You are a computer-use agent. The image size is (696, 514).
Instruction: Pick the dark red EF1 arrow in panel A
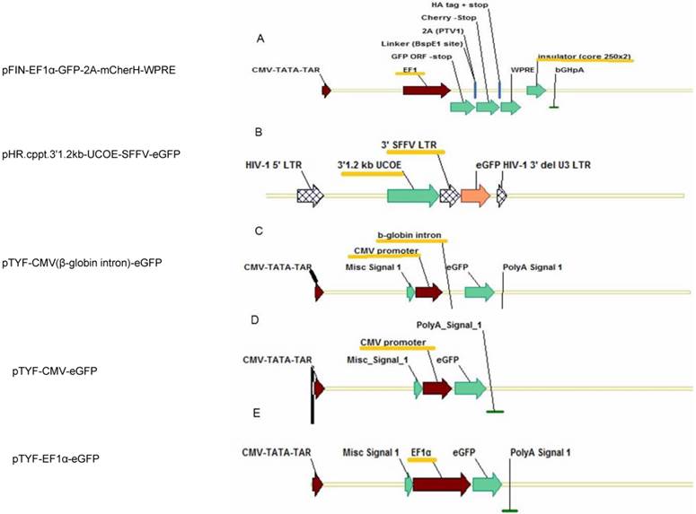point(426,91)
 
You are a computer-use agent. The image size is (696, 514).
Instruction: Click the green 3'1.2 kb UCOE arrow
point(412,195)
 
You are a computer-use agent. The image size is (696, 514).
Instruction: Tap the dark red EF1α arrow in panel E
point(441,484)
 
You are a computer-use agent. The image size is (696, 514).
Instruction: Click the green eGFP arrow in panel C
point(480,292)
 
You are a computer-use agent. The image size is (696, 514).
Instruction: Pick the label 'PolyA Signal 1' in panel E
point(541,452)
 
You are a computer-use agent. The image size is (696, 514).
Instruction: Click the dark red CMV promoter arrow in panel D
point(436,388)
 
